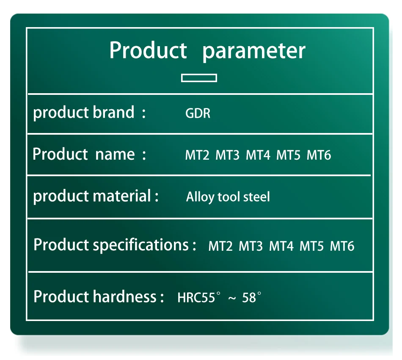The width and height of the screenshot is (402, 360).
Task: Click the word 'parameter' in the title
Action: coord(254,51)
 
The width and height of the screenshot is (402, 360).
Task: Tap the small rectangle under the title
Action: coord(199,75)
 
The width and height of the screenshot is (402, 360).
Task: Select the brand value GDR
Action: coord(198,113)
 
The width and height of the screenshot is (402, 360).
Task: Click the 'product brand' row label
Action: coord(84,113)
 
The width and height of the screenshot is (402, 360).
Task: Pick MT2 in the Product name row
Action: coord(197,155)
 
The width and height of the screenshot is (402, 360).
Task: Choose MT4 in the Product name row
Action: coord(258,155)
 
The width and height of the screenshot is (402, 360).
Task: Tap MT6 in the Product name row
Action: coord(319,155)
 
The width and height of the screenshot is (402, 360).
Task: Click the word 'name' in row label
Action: coord(115,154)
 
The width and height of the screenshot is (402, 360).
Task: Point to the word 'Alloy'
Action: coord(200,197)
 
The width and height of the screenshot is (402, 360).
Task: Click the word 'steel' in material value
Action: coord(256,197)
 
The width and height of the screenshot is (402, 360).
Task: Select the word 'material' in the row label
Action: coord(121,196)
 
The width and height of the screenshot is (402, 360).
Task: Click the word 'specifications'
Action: coord(141,245)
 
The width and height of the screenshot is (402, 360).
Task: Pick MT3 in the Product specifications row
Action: coord(251,246)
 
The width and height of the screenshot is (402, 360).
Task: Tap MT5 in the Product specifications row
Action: coord(311,246)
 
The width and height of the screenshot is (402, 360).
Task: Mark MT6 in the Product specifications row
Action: coord(342,246)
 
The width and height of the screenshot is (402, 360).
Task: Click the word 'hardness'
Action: coord(124,296)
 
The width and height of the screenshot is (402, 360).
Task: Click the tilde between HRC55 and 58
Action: coord(232,298)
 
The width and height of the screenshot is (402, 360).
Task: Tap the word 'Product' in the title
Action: coord(148,50)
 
